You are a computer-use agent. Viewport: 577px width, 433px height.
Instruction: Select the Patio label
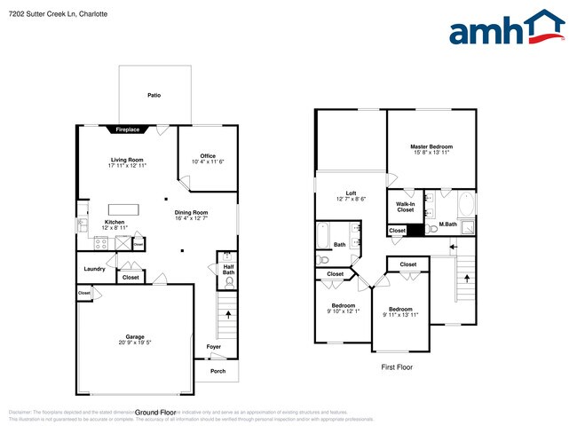[x=154, y=95]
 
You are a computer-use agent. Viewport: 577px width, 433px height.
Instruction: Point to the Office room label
[x=208, y=156]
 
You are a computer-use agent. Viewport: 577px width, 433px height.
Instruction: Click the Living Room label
[x=127, y=160]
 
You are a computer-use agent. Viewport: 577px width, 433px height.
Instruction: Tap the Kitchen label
[x=115, y=222]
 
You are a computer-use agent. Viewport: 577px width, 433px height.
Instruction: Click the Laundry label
[x=95, y=269]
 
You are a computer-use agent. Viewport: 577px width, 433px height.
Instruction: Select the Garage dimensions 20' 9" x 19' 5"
[x=135, y=342]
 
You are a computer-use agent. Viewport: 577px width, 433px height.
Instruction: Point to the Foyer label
[x=214, y=346]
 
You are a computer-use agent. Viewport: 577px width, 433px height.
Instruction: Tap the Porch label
[x=217, y=371]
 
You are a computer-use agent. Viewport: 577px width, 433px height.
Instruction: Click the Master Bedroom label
[x=431, y=146]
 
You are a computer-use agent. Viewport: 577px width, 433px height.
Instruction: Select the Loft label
[x=352, y=193]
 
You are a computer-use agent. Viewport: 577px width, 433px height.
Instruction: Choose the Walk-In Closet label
[x=406, y=207]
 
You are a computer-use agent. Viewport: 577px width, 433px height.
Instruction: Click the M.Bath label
[x=448, y=224]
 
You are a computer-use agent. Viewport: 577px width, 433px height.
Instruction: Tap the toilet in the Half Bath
[x=230, y=283]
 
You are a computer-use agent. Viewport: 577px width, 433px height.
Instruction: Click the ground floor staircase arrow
[x=230, y=313]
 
